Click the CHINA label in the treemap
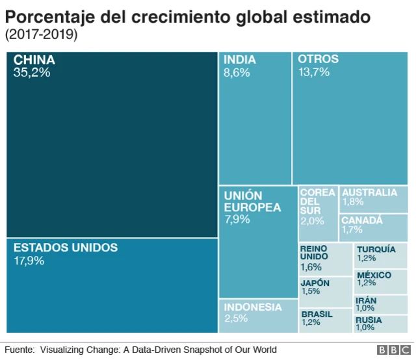34,60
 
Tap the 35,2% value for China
32,72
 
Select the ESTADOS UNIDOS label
66,248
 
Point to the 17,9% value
29,261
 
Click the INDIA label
240,60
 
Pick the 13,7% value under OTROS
314,72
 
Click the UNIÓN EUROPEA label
253,201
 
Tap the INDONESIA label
253,307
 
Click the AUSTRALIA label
369,192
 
